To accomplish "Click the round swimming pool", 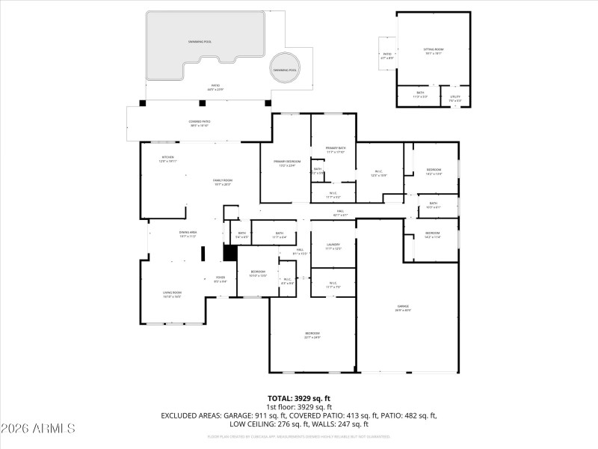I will (284, 68).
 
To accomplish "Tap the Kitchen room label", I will (167, 159).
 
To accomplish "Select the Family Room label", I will (223, 182).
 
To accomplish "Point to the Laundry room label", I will (333, 245).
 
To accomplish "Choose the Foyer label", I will (221, 279).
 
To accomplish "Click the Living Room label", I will (173, 294).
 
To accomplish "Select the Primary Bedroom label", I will (287, 163).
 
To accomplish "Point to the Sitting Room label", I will (434, 51).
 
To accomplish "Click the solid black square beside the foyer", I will (230, 254).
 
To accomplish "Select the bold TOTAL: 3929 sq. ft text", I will (299, 398).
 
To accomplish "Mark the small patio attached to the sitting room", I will (387, 55).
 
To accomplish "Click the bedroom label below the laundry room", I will (312, 335).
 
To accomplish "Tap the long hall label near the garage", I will (339, 213).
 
